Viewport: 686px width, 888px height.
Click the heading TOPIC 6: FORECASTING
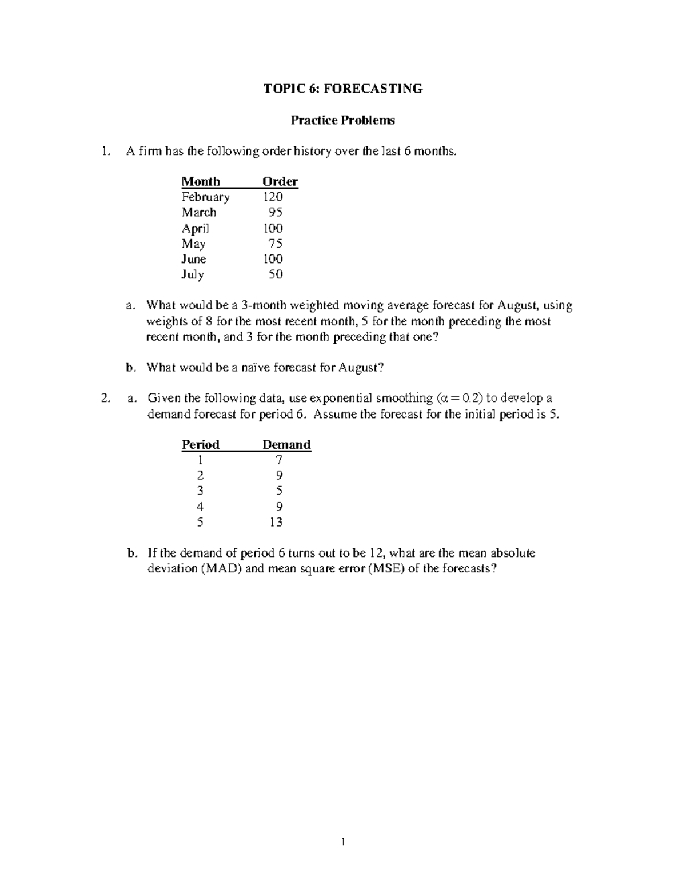pos(342,89)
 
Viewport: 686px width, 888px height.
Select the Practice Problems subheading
pos(342,120)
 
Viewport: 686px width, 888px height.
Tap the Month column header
pos(201,182)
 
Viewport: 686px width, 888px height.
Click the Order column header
pos(280,182)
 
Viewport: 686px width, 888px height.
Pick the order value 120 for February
pos(273,197)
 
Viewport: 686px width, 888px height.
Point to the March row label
pos(199,212)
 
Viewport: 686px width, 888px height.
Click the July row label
pos(193,274)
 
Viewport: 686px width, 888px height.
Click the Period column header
pos(200,445)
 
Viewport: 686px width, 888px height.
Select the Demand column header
pos(286,445)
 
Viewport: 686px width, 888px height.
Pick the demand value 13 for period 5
pos(276,522)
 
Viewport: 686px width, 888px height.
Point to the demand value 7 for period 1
pos(279,460)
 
